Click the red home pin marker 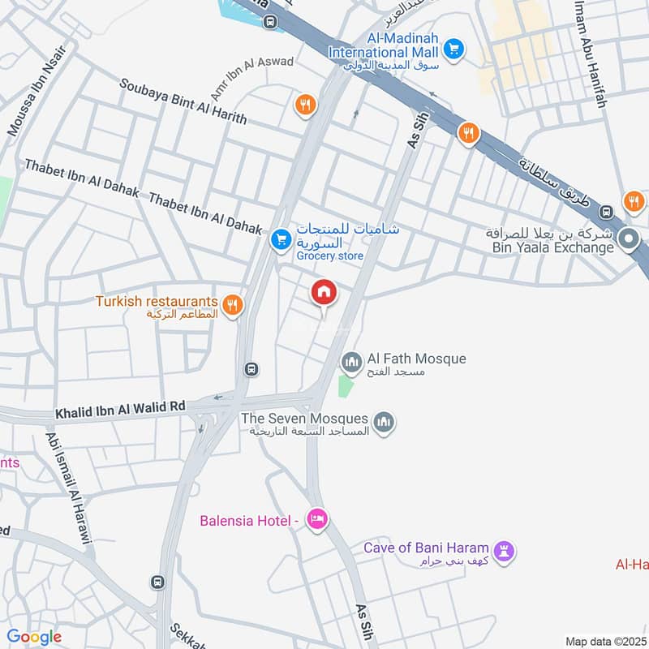pos(324,292)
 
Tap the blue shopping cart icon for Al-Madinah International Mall pos(454,49)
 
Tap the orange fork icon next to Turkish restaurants pos(233,304)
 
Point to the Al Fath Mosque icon pos(351,359)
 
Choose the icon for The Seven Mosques pos(385,422)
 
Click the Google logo pos(34,637)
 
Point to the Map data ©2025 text pos(604,641)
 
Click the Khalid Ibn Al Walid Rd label pos(109,413)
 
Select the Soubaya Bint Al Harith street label pos(183,101)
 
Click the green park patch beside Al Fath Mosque pos(346,385)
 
